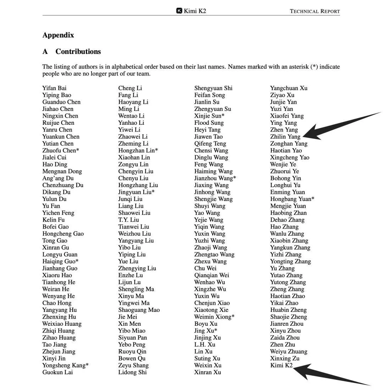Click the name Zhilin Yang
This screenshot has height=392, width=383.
pyautogui.click(x=285, y=137)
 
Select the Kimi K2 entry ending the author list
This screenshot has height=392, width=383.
pyautogui.click(x=281, y=365)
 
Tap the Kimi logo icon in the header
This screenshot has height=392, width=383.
pyautogui.click(x=179, y=11)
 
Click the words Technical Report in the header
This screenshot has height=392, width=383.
pyautogui.click(x=315, y=11)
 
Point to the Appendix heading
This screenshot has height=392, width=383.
pyautogui.click(x=58, y=35)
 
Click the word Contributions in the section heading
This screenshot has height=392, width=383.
pyautogui.click(x=78, y=51)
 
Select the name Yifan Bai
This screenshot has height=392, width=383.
pyautogui.click(x=54, y=88)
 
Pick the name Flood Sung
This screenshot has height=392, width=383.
pyautogui.click(x=209, y=123)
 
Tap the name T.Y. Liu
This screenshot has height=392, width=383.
pyautogui.click(x=129, y=220)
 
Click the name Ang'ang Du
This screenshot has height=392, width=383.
pyautogui.click(x=58, y=178)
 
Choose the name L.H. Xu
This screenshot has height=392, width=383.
pyautogui.click(x=205, y=345)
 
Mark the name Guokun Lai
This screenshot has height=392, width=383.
pyautogui.click(x=57, y=372)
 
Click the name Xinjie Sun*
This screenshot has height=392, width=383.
pyautogui.click(x=209, y=116)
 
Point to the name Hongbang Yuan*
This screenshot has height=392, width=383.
pyautogui.click(x=292, y=199)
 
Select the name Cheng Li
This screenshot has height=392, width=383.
pyautogui.click(x=130, y=88)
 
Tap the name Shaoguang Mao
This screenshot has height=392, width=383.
pyautogui.click(x=139, y=310)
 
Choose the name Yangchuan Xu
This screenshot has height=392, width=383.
pyautogui.click(x=289, y=88)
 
